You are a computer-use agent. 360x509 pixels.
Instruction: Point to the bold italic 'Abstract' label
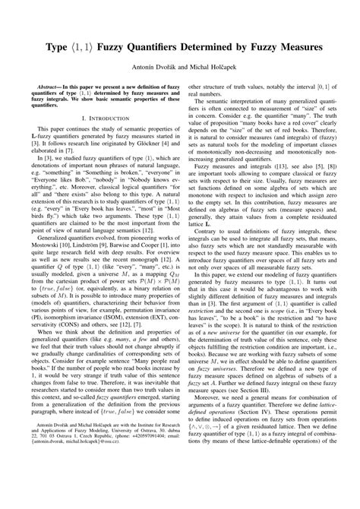click(x=47, y=87)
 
